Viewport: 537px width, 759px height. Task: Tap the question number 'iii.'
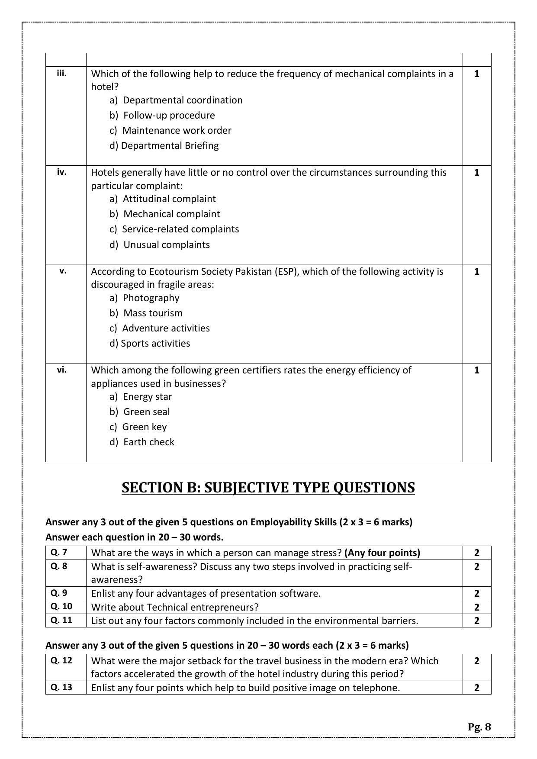coord(62,73)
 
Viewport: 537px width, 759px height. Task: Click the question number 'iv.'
coord(62,172)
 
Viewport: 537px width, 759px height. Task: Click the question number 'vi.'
coord(62,370)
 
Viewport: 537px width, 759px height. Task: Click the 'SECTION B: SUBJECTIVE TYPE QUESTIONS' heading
coord(268,487)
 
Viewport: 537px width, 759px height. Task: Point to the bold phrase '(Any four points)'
coord(382,553)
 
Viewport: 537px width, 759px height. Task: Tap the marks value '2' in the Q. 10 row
coord(477,607)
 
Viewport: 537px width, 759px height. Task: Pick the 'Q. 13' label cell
coord(61,687)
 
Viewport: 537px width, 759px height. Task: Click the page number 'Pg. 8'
coord(479,727)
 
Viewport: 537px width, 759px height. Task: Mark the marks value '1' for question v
coord(477,271)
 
